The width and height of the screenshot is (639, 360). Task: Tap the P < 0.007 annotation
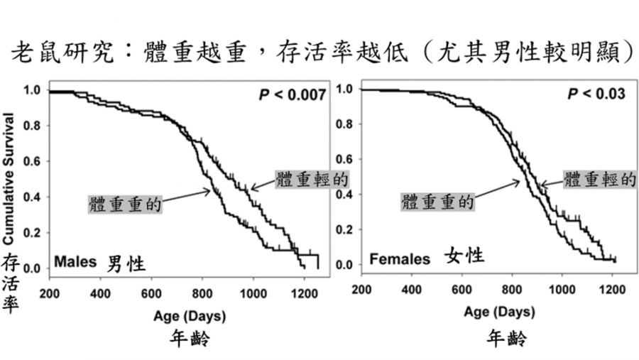[x=292, y=94]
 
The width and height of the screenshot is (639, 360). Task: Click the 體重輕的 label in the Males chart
[x=312, y=180]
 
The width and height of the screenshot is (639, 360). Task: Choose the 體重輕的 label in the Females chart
[x=599, y=179]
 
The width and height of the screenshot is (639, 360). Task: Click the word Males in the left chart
[x=77, y=263]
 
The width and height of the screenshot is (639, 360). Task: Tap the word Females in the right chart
[x=400, y=259]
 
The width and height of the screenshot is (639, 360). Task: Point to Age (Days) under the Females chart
[x=500, y=312]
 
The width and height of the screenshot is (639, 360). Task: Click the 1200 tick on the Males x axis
[x=303, y=293]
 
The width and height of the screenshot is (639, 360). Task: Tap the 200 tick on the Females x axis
[x=361, y=289]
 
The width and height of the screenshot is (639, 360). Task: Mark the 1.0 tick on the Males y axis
[x=33, y=90]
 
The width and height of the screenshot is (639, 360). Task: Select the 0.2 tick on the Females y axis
[x=345, y=229]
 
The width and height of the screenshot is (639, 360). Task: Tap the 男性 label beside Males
[x=126, y=264]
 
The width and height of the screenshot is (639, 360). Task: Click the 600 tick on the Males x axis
[x=151, y=293]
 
